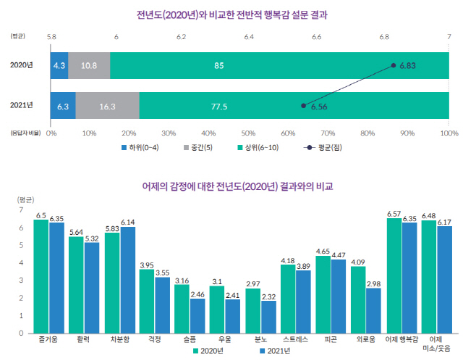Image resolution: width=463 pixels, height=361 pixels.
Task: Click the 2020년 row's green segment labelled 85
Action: coord(279,65)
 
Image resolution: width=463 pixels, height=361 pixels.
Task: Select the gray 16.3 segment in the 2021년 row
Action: coord(107,106)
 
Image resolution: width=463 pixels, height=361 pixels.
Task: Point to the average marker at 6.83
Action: coord(394,65)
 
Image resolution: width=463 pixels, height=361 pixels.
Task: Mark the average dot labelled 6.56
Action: coord(303,106)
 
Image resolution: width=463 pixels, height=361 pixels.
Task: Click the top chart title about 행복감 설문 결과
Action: coord(231,13)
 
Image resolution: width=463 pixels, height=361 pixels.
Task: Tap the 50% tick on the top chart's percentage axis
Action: coord(249,133)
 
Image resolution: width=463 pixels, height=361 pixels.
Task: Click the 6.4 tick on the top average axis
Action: coord(249,35)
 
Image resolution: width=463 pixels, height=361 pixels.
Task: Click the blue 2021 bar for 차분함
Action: coord(127,280)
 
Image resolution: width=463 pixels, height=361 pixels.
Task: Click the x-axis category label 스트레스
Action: coord(288,339)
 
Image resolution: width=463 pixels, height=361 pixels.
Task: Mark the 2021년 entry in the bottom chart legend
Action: coord(273,352)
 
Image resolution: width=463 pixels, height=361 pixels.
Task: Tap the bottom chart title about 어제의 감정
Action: coord(231,186)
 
